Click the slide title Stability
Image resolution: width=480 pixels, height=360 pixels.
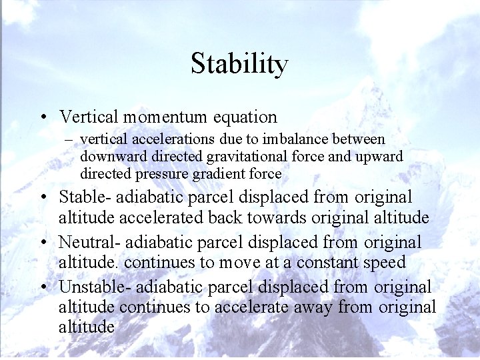[239, 64]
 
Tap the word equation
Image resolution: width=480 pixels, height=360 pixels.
[245, 117]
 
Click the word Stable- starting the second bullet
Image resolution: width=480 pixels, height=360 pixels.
[86, 198]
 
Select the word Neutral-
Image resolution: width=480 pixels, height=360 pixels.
[90, 243]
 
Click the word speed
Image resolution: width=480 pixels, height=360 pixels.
[383, 263]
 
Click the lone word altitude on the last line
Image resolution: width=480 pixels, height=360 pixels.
[87, 327]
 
